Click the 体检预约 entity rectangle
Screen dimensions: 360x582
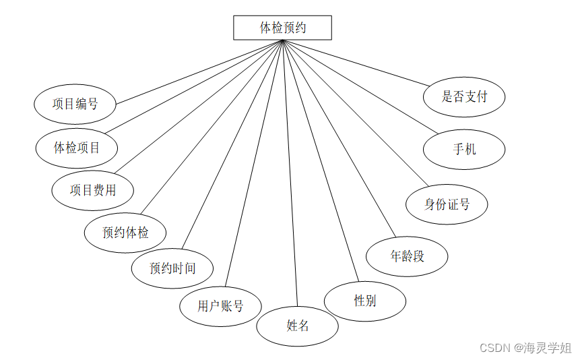(282, 28)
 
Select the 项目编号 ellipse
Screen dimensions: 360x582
(75, 104)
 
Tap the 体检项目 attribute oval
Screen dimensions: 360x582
(77, 147)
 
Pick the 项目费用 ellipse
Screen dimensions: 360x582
(93, 190)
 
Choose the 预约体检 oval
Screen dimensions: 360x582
(125, 233)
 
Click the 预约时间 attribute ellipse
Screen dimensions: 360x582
(172, 268)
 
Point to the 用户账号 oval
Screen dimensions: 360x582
(220, 306)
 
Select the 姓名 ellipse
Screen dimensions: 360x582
(297, 326)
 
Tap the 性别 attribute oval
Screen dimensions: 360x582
(364, 301)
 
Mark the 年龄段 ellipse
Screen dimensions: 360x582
(407, 256)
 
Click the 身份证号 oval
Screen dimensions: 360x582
(447, 204)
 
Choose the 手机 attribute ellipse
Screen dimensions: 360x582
(464, 148)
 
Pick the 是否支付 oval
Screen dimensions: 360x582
(464, 96)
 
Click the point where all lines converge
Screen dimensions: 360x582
(283, 41)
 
